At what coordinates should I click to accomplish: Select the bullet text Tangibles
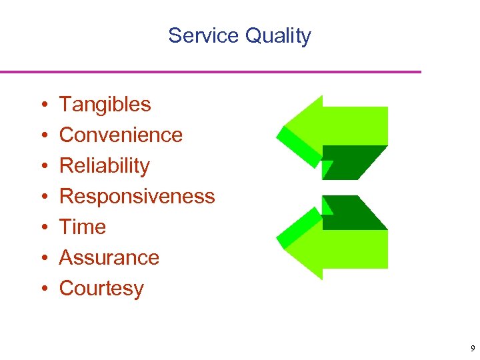click(105, 105)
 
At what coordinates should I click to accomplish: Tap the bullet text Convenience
click(121, 135)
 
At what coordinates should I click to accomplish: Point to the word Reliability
click(104, 166)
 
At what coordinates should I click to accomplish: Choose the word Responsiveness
click(137, 197)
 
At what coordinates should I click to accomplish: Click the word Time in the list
click(83, 227)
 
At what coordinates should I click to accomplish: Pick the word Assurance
click(109, 258)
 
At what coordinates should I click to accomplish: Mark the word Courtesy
click(101, 289)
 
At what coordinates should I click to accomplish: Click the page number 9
click(472, 349)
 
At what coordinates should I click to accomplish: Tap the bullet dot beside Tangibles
click(43, 105)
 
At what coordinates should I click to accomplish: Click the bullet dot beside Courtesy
click(43, 289)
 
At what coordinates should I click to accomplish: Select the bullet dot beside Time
click(43, 228)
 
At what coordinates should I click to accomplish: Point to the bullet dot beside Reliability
click(43, 167)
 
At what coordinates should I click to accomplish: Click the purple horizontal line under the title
click(211, 72)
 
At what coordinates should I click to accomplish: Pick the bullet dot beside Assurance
click(43, 259)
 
